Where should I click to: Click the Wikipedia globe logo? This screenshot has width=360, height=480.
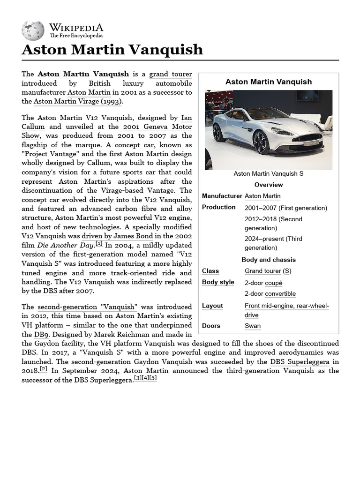[x=33, y=30]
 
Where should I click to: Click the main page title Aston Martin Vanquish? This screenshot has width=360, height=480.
[x=112, y=49]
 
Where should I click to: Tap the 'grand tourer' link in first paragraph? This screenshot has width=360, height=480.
[x=171, y=74]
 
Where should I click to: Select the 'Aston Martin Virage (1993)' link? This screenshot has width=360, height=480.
[x=78, y=101]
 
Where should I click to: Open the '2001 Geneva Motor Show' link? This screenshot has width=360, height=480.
[x=157, y=127]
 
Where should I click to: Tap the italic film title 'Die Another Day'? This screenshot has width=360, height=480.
[x=65, y=245]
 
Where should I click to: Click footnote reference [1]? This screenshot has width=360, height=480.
[x=99, y=244]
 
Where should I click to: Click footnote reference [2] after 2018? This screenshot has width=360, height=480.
[x=44, y=369]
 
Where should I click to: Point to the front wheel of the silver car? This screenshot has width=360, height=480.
[x=261, y=142]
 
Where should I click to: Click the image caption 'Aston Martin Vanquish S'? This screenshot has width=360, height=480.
[x=269, y=173]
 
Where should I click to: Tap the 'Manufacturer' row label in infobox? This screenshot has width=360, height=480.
[x=222, y=196]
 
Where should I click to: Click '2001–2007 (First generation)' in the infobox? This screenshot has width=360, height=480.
[x=286, y=208]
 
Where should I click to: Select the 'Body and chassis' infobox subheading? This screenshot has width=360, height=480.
[x=269, y=260]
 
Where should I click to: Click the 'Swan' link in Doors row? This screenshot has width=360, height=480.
[x=253, y=326]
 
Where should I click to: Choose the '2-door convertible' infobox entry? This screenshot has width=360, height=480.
[x=270, y=294]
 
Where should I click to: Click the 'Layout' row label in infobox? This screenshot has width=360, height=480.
[x=212, y=306]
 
